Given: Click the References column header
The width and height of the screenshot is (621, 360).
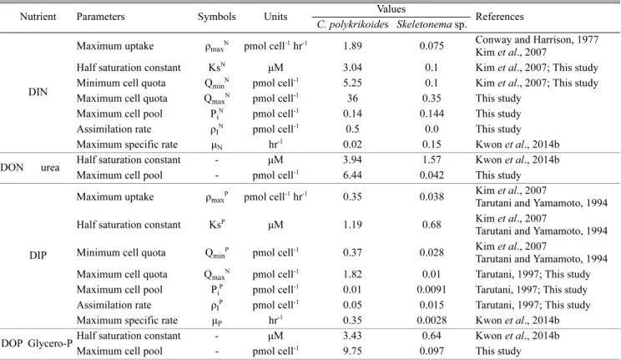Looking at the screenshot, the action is (x=499, y=17).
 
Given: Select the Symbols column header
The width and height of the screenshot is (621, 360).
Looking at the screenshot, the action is (x=217, y=17).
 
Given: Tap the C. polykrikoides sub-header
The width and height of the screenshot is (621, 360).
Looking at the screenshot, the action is (x=352, y=24).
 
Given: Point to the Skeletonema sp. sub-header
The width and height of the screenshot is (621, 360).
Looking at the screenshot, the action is (x=432, y=24).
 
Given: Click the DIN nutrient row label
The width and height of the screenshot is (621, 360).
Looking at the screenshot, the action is (x=38, y=92).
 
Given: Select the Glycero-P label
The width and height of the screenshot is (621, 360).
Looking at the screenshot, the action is (x=50, y=343).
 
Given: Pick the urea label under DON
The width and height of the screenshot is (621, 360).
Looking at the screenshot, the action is (x=50, y=168).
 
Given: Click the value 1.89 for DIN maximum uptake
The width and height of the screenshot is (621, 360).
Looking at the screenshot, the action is (x=352, y=46).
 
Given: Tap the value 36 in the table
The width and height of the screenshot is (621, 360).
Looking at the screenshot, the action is (x=352, y=99).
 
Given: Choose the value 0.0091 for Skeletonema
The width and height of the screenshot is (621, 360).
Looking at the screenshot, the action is (x=432, y=290).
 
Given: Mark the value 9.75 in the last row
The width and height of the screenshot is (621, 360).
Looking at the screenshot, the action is (x=352, y=352).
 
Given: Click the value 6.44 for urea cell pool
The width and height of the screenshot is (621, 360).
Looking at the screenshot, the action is (x=352, y=175).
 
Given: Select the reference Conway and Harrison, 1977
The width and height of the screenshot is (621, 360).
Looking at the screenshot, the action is (x=537, y=39).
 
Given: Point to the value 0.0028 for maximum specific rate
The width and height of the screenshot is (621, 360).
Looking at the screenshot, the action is (x=432, y=321).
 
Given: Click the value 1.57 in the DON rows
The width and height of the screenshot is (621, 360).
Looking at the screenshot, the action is (x=432, y=160).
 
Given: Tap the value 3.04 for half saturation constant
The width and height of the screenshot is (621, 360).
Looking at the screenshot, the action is (x=352, y=68).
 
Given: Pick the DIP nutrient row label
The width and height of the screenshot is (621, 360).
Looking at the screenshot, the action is (x=38, y=256).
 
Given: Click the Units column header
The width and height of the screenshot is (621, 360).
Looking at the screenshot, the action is (x=275, y=17).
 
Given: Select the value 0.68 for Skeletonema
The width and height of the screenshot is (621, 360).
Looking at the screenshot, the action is (x=432, y=225).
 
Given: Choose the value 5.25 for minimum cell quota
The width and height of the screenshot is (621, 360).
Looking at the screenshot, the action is (x=352, y=84).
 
